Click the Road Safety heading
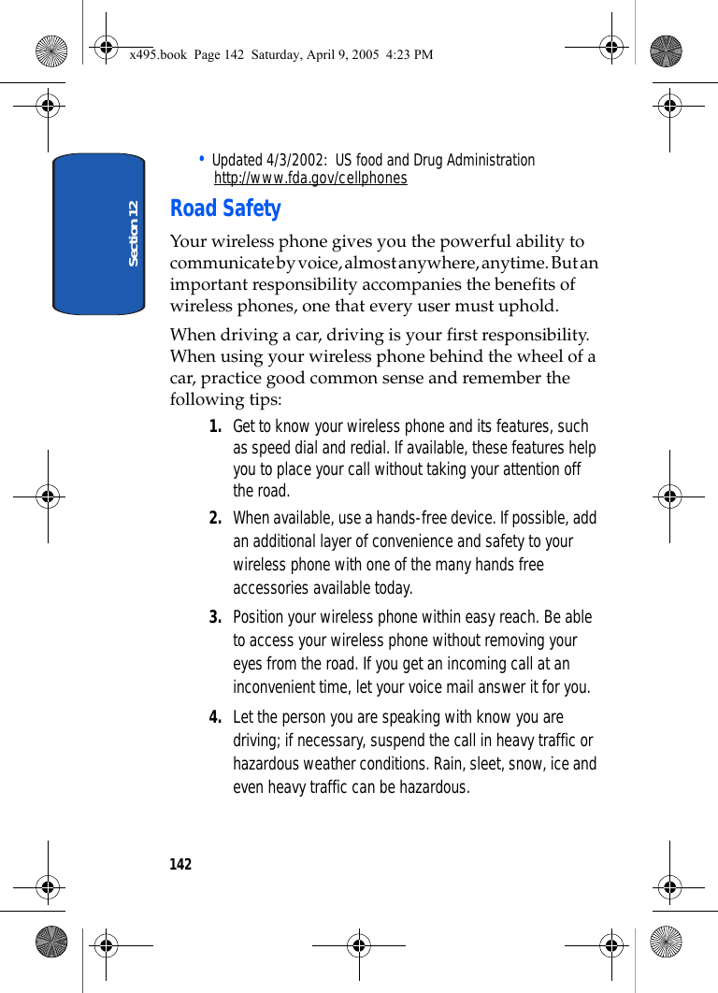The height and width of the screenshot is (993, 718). (225, 209)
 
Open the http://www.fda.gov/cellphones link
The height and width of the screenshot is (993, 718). (310, 178)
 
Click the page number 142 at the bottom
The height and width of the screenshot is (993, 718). (180, 864)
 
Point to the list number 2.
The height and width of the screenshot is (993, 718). (215, 518)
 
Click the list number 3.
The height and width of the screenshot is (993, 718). (215, 617)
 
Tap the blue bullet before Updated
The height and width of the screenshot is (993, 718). (202, 158)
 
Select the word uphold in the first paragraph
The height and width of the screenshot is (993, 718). (530, 306)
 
